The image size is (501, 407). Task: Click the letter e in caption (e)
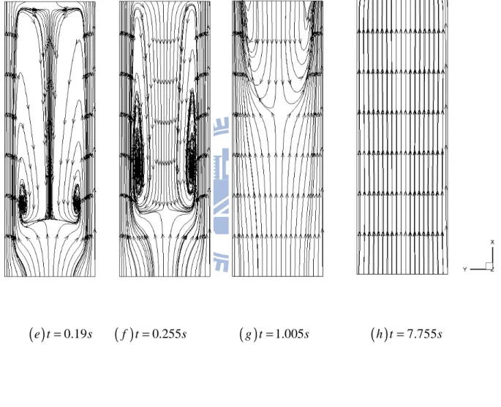tap(37, 335)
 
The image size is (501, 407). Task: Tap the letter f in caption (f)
tap(124, 335)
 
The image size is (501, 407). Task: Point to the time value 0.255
tap(165, 334)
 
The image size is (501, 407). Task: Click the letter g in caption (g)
tap(248, 335)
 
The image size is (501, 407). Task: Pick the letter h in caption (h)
tap(380, 334)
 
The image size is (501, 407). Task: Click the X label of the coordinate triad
tap(492, 243)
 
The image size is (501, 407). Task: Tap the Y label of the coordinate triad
tap(465, 270)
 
